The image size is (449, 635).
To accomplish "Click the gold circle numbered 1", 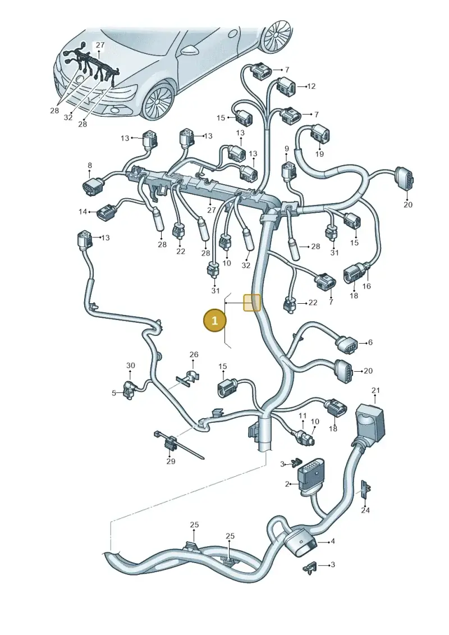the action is [x=214, y=321].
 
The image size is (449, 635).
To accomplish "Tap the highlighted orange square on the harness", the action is [x=251, y=303].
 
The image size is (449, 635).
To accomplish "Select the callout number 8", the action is [x=90, y=165].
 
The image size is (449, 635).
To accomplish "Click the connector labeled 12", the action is [x=286, y=86].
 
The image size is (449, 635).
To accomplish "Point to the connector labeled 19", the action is [x=319, y=134].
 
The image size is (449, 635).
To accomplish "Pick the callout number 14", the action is [x=83, y=212].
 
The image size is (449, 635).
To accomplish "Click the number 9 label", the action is [x=287, y=149].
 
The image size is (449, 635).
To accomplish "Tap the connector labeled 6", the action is [x=346, y=345].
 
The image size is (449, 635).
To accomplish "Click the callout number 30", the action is [x=130, y=366].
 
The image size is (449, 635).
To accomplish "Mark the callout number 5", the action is [x=114, y=393].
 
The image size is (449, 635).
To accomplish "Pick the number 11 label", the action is [x=303, y=416].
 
